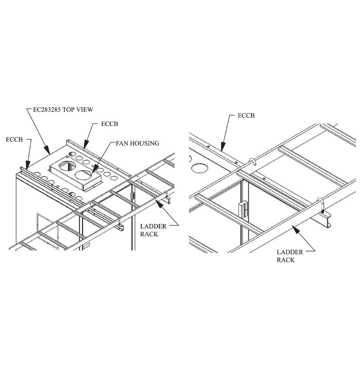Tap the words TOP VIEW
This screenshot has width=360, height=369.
point(80,109)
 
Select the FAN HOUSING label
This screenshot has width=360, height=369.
point(137,144)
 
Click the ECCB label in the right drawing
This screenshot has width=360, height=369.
point(245,116)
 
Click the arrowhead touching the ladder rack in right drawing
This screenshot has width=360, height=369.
point(295,229)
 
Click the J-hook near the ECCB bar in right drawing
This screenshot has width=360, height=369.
point(252,162)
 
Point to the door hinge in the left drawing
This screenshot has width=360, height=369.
point(133,196)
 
